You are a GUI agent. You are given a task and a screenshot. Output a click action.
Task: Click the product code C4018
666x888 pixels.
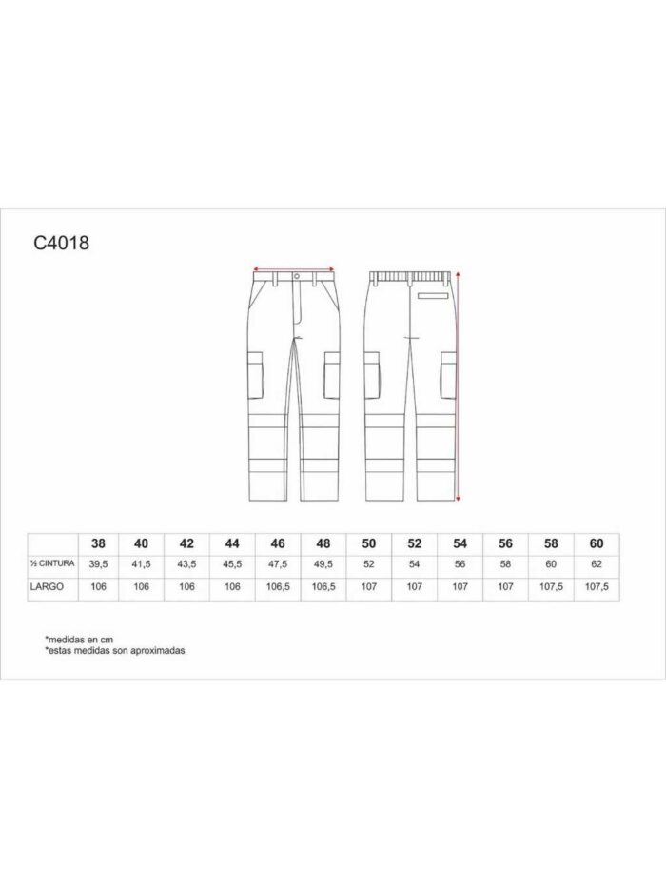61,243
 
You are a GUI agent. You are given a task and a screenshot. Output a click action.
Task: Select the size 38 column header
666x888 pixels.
98,543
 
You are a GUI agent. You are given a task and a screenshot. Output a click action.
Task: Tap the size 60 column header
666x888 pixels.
597,543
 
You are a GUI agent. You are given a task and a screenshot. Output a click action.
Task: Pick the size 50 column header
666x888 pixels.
369,543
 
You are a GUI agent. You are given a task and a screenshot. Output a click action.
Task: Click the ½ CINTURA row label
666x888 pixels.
52,564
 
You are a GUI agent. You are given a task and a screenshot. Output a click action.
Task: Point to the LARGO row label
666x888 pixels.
47,586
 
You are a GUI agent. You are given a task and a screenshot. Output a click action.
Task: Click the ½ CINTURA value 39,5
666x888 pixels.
98,564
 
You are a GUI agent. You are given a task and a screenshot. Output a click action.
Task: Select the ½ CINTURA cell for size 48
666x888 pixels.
323,564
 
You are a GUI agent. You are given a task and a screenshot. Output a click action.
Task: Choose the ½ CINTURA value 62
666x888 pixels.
597,564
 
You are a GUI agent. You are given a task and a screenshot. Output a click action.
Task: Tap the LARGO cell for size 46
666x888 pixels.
278,587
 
